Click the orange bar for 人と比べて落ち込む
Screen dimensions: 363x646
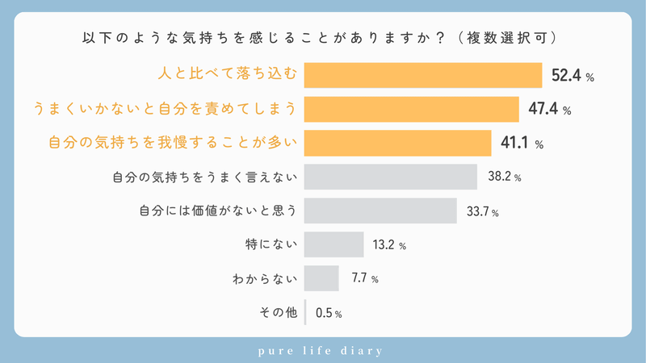[423, 75]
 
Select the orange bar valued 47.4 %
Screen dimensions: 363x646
[412, 109]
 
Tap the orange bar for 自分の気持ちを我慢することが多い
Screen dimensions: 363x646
[398, 143]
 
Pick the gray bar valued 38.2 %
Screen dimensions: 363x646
[391, 177]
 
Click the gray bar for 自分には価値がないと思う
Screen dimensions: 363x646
[381, 211]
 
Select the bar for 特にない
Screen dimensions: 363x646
[334, 244]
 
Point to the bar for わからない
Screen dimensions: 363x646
[321, 278]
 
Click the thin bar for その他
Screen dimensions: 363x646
[306, 311]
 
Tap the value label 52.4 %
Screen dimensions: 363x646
[573, 77]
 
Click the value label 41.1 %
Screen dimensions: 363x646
[522, 144]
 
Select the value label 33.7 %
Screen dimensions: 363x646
[483, 212]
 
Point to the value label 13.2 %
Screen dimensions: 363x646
[388, 245]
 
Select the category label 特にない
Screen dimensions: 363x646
[271, 244]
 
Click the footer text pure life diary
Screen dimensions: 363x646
[323, 351]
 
